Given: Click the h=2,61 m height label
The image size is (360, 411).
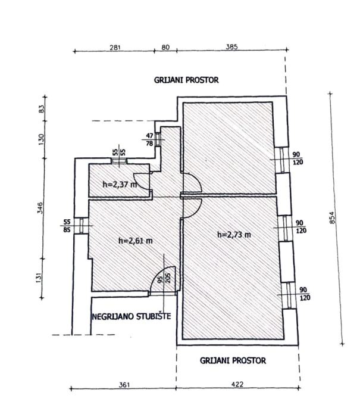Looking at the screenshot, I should click(136, 241).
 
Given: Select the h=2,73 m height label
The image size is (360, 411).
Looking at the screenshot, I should click(234, 234).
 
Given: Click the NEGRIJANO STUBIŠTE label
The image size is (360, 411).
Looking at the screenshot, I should click(131, 316).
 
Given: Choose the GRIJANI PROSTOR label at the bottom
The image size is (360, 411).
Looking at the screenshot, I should click(233, 360).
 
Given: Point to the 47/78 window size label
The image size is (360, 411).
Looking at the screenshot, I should click(149, 139).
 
